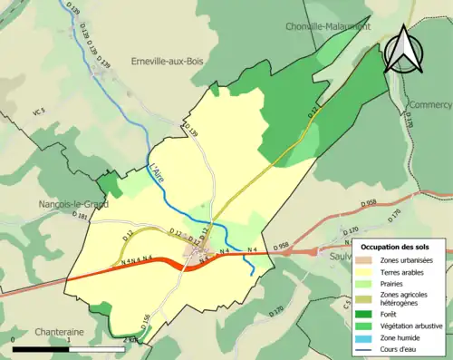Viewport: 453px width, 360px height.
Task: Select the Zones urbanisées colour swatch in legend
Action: [x=367, y=260]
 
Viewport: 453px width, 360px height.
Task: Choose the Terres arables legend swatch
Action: [x=367, y=271]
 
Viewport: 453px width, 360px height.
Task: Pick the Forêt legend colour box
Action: [x=367, y=314]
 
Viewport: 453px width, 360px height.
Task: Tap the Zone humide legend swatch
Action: [x=367, y=336]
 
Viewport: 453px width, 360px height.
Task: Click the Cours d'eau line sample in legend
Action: [x=367, y=346]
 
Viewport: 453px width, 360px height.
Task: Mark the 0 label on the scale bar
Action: [x=14, y=340]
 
